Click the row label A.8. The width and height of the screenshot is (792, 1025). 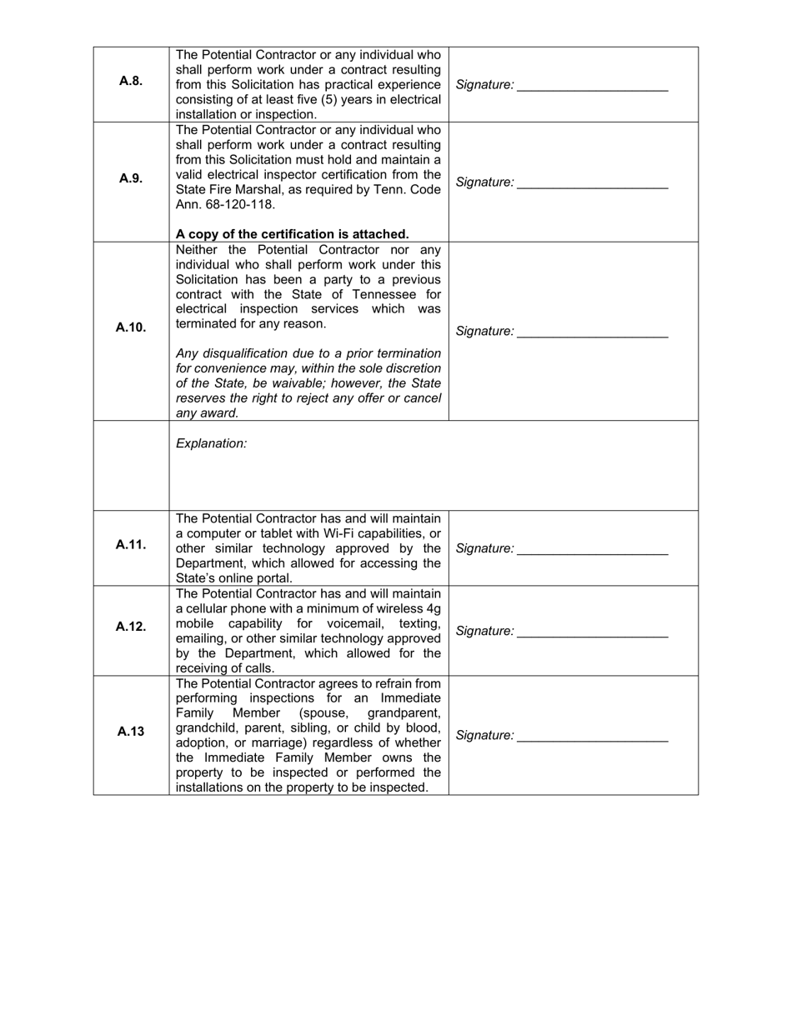[131, 81]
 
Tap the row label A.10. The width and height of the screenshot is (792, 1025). [131, 327]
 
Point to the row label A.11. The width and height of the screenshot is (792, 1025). [131, 544]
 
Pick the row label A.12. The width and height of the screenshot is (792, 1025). [131, 627]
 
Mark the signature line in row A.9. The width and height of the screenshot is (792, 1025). [592, 187]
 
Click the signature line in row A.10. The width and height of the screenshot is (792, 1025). [592, 336]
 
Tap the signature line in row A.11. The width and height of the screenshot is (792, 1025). [592, 552]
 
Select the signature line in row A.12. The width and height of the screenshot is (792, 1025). [592, 636]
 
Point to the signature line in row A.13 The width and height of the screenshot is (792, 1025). [592, 740]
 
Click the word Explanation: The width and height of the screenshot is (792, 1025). [211, 443]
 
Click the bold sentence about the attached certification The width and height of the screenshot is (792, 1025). [292, 234]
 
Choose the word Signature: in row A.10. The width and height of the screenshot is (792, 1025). [484, 332]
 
